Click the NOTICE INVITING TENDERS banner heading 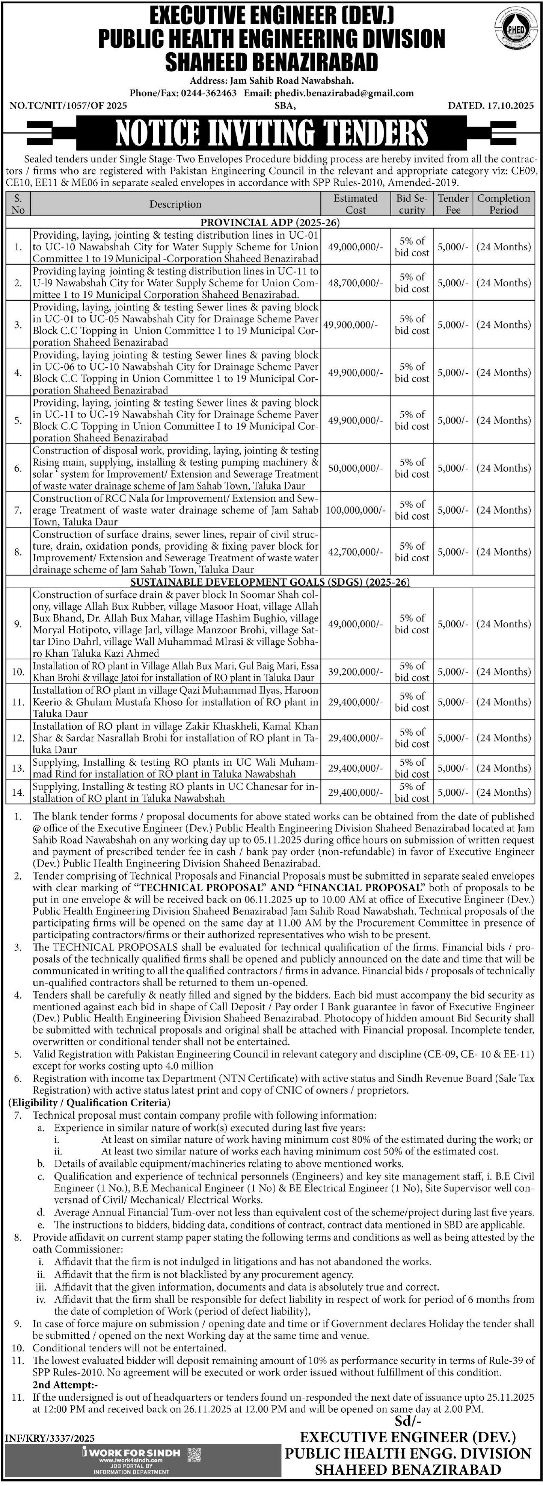click(x=271, y=133)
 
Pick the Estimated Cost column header click(x=355, y=204)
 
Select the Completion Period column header click(x=503, y=204)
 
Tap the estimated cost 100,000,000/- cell click(x=355, y=510)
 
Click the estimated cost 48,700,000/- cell click(x=355, y=283)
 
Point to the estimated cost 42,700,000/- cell click(x=355, y=552)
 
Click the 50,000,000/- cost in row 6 click(x=355, y=468)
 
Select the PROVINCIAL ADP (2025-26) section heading click(x=270, y=223)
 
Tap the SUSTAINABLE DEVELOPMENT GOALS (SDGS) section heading click(x=270, y=582)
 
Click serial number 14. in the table click(x=18, y=792)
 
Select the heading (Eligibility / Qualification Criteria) click(x=89, y=1103)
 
